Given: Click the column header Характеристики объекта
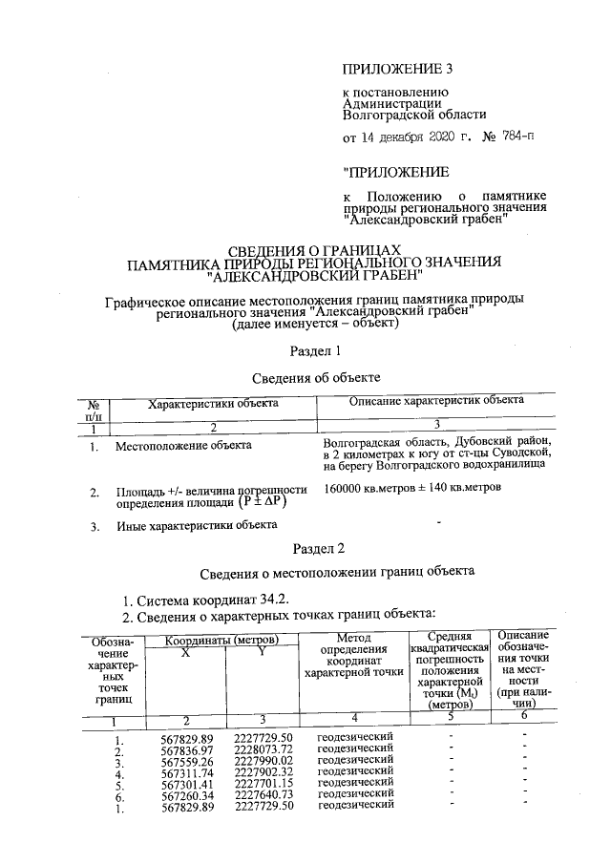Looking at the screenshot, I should point(213,404).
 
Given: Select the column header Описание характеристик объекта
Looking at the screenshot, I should point(436,403).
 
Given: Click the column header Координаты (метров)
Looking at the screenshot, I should point(221,639).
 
